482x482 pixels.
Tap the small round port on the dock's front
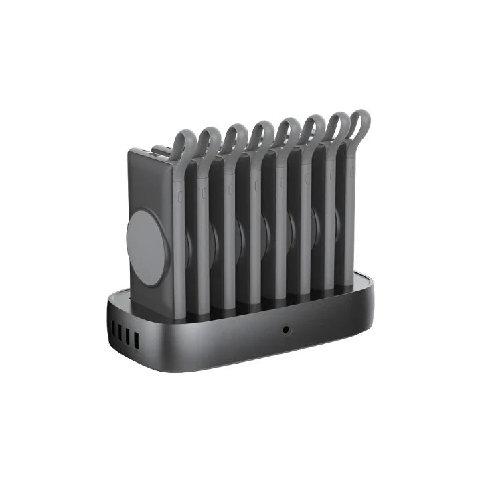287,329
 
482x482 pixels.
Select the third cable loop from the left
235,133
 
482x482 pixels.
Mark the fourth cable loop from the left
261,130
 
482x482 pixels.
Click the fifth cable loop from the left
288,127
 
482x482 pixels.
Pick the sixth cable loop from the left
313,125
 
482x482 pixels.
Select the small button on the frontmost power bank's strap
179,197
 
